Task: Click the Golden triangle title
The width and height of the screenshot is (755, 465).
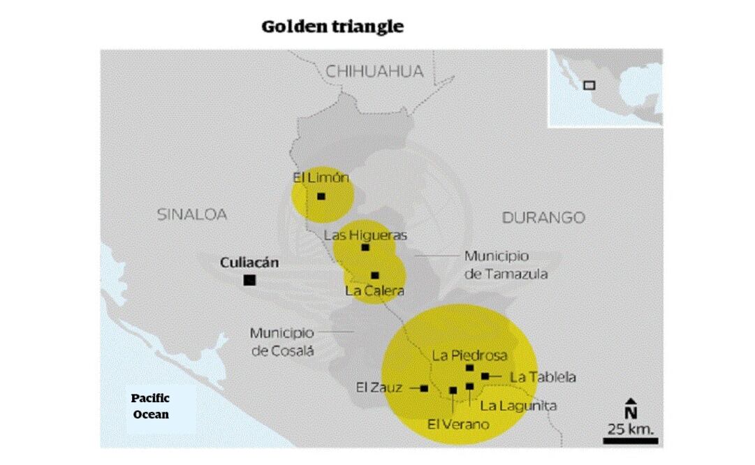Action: (332, 27)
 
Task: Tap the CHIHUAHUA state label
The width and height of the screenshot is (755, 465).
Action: (375, 71)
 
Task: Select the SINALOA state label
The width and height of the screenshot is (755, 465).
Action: (191, 214)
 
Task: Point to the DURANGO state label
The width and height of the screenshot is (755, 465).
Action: (543, 217)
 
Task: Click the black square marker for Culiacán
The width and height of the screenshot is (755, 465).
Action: (249, 280)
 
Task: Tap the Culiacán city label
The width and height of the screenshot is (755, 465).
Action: (249, 263)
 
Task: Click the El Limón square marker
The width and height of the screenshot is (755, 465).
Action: (321, 196)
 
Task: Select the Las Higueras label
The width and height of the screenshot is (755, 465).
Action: (365, 235)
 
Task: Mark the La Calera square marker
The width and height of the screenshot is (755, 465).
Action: (375, 275)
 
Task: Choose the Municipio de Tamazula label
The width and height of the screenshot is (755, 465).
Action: (506, 265)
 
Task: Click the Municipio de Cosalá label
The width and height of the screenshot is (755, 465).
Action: (282, 341)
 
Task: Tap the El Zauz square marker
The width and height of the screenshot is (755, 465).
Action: (424, 388)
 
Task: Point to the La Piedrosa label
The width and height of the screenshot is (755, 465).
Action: (469, 355)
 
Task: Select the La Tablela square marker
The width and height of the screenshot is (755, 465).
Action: (485, 376)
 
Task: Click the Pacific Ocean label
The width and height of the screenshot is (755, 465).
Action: (151, 406)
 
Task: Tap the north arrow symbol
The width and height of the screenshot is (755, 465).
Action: (631, 407)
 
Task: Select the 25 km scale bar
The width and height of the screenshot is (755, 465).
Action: (630, 440)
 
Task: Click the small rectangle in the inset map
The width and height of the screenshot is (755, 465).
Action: (589, 85)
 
